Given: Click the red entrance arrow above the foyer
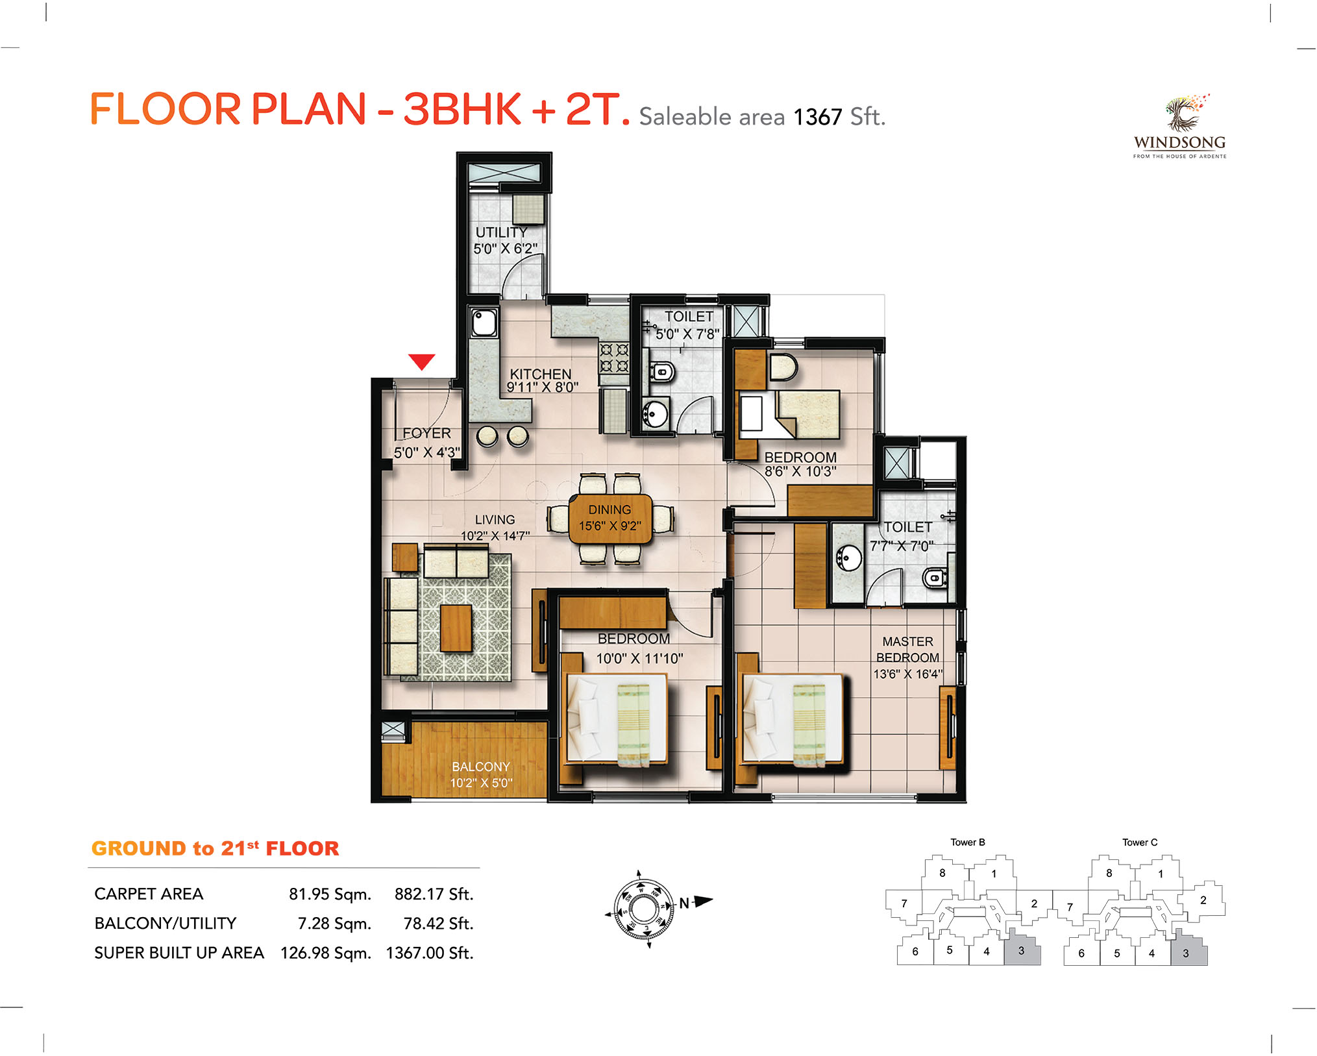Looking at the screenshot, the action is click(x=422, y=362).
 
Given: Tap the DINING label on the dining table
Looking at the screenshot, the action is click(x=609, y=510).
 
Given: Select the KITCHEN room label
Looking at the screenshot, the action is click(x=541, y=374).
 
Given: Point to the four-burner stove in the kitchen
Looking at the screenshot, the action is click(x=614, y=358).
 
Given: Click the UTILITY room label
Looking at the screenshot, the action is click(x=501, y=232).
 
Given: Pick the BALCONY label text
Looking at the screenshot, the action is click(x=481, y=767).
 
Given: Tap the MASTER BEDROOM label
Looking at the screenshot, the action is click(x=907, y=649).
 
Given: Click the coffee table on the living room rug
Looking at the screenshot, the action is click(x=456, y=628).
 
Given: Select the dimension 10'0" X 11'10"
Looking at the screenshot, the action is click(x=639, y=659).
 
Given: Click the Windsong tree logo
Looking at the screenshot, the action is click(x=1185, y=113).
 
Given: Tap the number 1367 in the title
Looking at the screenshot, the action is click(x=817, y=117).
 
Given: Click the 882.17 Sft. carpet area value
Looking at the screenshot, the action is click(x=434, y=894).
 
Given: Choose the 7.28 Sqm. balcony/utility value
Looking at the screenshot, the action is click(x=334, y=923).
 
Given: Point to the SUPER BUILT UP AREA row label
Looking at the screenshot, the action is click(x=179, y=952).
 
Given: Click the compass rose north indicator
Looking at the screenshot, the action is click(x=695, y=902).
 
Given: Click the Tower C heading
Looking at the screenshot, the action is click(x=1140, y=842).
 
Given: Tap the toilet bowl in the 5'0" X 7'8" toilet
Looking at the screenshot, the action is click(x=662, y=372).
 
